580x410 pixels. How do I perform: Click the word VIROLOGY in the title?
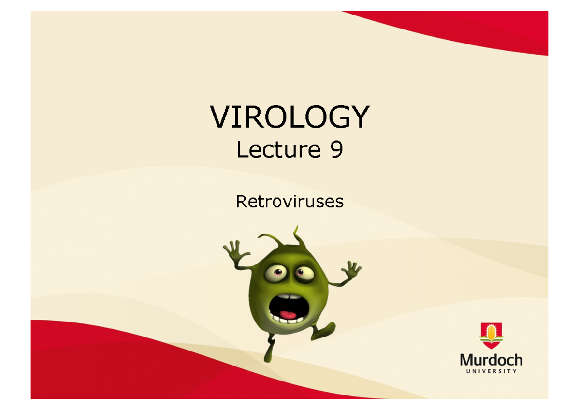point(290,117)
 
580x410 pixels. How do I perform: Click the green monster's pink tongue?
point(289,315)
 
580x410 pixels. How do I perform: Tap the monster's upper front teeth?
point(285,296)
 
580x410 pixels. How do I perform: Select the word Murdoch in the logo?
point(491,360)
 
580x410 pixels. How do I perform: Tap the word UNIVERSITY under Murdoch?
point(491,371)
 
